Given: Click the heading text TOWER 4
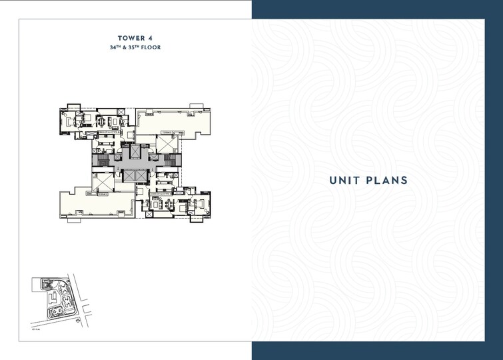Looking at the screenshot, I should (x=135, y=37).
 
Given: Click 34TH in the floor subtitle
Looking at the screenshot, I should (x=118, y=48).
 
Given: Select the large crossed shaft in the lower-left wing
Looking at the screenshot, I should (x=103, y=183).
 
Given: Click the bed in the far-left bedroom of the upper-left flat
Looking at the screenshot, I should (x=71, y=121).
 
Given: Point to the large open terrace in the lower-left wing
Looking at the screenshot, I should (x=87, y=203).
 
